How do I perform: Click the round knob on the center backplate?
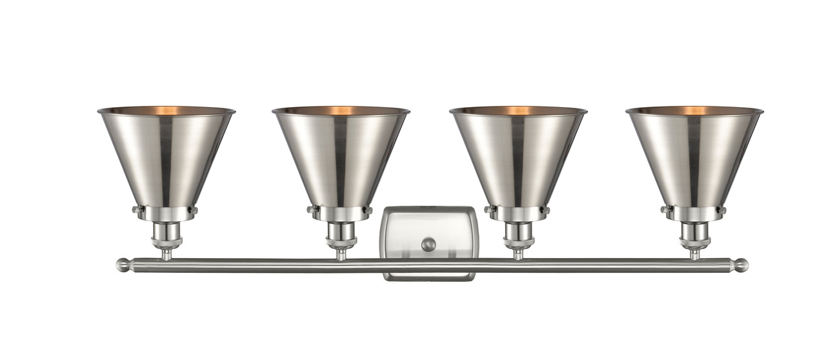pyautogui.click(x=428, y=245)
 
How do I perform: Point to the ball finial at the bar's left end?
pyautogui.click(x=123, y=265)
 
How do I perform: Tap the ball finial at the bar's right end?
pyautogui.click(x=741, y=265)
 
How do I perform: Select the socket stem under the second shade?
pyautogui.click(x=341, y=237)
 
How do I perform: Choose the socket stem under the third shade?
pyautogui.click(x=518, y=237)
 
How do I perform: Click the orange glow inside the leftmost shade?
pyautogui.click(x=166, y=110)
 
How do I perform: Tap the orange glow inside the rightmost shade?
pyautogui.click(x=694, y=110)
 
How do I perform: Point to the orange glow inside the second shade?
pyautogui.click(x=341, y=110)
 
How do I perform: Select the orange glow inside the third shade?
pyautogui.click(x=518, y=110)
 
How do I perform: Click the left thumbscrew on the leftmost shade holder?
pyautogui.click(x=136, y=209)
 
